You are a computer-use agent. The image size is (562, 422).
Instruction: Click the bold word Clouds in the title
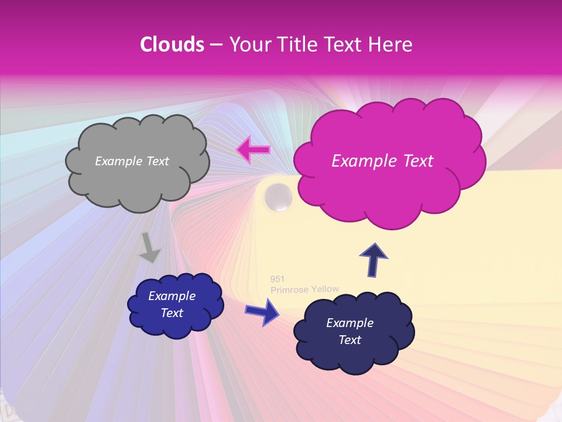(172, 45)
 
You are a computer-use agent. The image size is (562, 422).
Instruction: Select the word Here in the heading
(392, 45)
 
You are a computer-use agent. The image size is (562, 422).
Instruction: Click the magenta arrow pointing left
(253, 150)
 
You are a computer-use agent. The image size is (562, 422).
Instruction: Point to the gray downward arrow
(150, 247)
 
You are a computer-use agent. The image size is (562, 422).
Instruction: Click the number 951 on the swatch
(277, 279)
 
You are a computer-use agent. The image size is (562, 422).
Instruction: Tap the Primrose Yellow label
(304, 289)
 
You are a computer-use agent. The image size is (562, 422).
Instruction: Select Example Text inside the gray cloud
(132, 161)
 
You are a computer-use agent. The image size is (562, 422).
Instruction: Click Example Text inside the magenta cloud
(382, 161)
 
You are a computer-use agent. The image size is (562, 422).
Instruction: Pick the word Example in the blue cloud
(172, 296)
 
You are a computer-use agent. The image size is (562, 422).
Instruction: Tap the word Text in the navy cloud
(350, 340)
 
